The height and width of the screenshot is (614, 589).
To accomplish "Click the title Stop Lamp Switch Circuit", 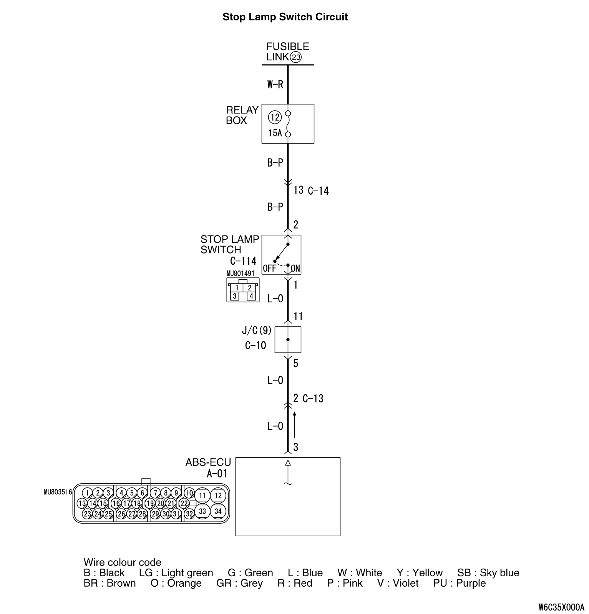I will point(285,17).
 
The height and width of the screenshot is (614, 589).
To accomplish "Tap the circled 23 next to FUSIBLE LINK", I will point(296,58).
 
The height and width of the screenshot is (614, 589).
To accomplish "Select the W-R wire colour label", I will point(275,85).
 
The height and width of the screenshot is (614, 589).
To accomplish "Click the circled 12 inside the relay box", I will point(275,117).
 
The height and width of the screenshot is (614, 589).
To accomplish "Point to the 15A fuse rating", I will point(275,133).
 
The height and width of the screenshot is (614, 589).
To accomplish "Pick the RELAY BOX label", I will point(242,115).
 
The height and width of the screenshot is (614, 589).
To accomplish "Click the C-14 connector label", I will point(318,191).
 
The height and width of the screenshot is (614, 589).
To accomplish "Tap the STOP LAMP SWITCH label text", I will point(229,244).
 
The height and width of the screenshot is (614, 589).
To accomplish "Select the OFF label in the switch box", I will point(269,269).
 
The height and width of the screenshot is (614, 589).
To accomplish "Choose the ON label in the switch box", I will point(295,269).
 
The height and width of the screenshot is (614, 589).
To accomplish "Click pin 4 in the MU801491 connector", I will point(251,296).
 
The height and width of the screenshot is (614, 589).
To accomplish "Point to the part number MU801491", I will point(241,274).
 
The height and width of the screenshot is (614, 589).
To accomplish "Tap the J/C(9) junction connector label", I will point(256,330).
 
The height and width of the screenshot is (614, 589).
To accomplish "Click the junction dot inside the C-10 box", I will point(288,340).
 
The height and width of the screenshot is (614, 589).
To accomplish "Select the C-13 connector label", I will point(313,399).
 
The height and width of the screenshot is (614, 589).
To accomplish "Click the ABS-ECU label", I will point(208,462).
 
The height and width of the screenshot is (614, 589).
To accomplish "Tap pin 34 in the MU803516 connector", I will point(218,511).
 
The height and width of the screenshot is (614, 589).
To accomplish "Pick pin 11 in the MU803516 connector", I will point(202,496).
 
